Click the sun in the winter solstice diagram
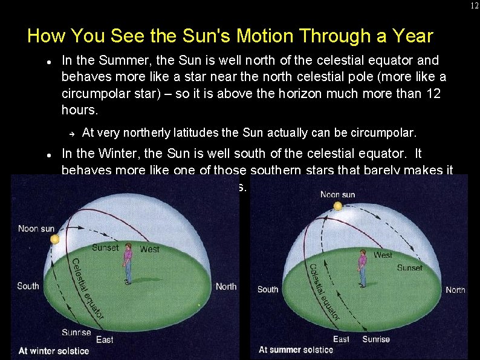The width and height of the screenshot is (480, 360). pyautogui.click(x=55, y=240)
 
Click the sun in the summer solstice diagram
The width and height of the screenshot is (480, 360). pyautogui.click(x=337, y=207)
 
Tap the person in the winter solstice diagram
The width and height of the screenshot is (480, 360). pyautogui.click(x=128, y=264)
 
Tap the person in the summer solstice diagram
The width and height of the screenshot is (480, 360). pyautogui.click(x=362, y=268)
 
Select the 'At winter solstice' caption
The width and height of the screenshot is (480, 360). pyautogui.click(x=54, y=350)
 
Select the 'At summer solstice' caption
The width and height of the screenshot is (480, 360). pyautogui.click(x=296, y=350)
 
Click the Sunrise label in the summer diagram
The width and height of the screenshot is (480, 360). pyautogui.click(x=376, y=339)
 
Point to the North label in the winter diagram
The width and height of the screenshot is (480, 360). pyautogui.click(x=226, y=286)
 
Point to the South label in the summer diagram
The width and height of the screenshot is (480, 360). pyautogui.click(x=268, y=289)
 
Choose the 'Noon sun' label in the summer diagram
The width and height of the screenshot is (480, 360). pyautogui.click(x=337, y=194)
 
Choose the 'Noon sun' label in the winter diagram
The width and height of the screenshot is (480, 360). pyautogui.click(x=36, y=228)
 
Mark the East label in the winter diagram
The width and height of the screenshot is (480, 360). pyautogui.click(x=105, y=339)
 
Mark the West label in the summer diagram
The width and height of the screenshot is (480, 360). pyautogui.click(x=382, y=255)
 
